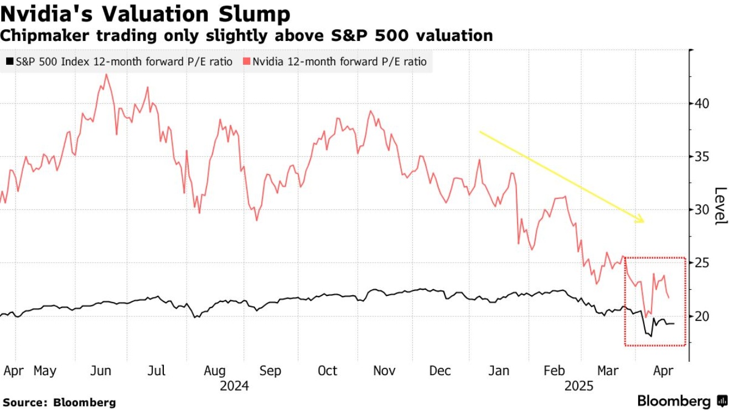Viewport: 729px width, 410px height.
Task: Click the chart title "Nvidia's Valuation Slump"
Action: [x=145, y=14]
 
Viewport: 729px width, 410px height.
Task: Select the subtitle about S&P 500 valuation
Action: [x=246, y=36]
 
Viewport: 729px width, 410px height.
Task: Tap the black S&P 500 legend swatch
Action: [x=9, y=61]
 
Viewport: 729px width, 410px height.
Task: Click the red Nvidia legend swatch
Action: [x=246, y=61]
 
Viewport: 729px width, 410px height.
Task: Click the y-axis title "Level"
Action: [x=720, y=206]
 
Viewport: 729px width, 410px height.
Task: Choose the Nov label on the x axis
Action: [x=384, y=371]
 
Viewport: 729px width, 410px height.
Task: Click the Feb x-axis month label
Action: [x=555, y=371]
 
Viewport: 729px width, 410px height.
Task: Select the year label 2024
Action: [x=234, y=386]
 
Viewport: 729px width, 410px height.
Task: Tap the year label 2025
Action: [x=579, y=386]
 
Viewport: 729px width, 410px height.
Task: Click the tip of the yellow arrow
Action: [x=644, y=222]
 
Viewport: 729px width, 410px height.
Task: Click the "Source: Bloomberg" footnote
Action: [x=59, y=402]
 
